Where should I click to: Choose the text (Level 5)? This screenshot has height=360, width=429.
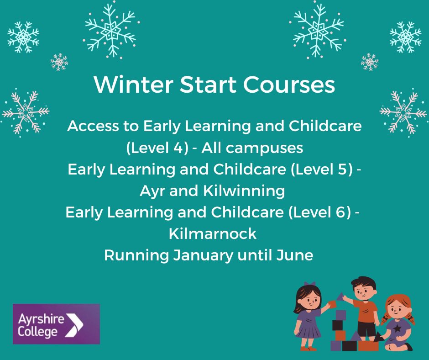(x=324, y=169)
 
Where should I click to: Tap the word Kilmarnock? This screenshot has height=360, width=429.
(x=213, y=234)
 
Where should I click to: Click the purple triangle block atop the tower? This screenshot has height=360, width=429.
(x=340, y=297)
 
